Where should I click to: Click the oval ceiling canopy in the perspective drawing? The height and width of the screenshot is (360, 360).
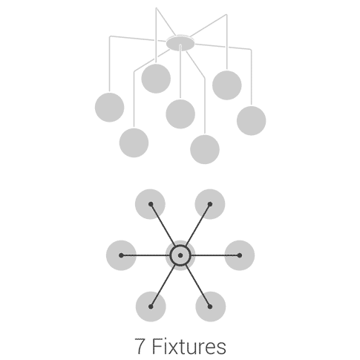click(180, 43)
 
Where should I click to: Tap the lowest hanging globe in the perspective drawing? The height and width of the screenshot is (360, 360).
click(205, 149)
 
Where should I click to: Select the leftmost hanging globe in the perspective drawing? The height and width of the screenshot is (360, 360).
click(110, 108)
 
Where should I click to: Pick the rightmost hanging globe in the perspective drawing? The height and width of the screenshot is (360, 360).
click(252, 121)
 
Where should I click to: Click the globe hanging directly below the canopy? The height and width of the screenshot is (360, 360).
click(180, 114)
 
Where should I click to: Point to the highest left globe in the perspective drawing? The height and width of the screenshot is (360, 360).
click(156, 79)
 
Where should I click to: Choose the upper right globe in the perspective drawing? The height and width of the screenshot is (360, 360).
click(227, 85)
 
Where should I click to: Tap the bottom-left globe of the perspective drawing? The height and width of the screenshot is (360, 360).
click(134, 143)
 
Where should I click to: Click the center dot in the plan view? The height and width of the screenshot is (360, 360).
click(180, 255)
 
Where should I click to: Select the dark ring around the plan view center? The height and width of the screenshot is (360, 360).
click(180, 245)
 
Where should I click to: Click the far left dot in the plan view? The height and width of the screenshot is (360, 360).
click(121, 255)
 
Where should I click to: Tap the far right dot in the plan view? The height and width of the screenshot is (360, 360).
click(240, 255)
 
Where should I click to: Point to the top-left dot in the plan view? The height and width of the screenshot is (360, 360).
click(151, 204)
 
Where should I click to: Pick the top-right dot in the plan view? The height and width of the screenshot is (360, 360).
click(210, 204)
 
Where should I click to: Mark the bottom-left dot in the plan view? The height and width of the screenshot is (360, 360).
click(151, 307)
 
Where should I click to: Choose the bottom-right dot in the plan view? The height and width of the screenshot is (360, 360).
click(210, 307)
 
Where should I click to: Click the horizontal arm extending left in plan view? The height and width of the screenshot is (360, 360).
click(146, 255)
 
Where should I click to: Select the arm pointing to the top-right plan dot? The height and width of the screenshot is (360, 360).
click(198, 225)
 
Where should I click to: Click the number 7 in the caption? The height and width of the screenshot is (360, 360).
click(140, 346)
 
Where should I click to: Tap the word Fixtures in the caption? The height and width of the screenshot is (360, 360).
click(189, 346)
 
